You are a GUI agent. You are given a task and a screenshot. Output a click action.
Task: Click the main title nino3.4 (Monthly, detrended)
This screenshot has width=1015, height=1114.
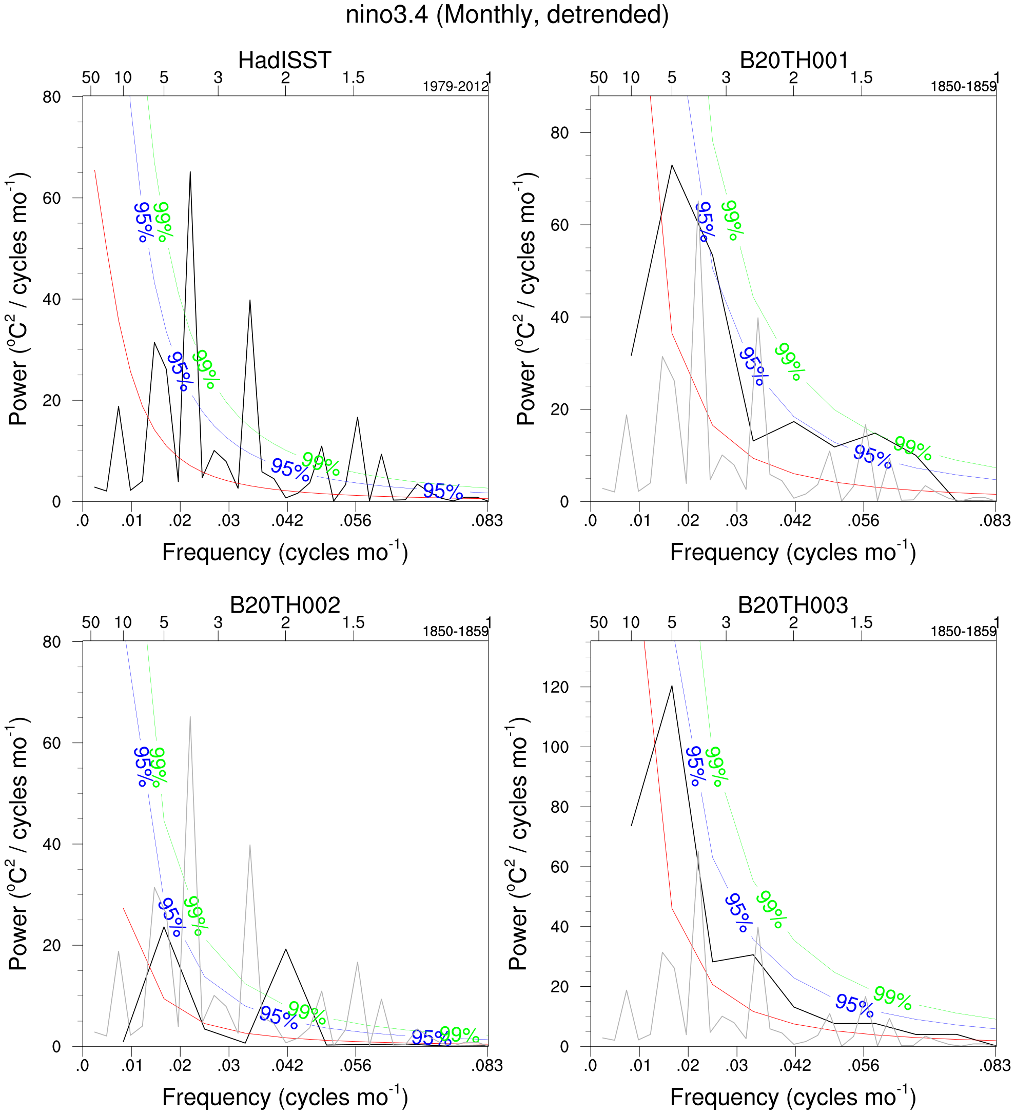point(506,15)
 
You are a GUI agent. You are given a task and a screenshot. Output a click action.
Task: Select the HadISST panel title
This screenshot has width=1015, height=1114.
point(285,60)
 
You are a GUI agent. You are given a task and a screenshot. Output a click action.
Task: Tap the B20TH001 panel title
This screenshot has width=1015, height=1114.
point(793,60)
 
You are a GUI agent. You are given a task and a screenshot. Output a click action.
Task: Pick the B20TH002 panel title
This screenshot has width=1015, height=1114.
point(285,605)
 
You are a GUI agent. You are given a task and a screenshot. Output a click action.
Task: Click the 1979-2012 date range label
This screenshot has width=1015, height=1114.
point(455,87)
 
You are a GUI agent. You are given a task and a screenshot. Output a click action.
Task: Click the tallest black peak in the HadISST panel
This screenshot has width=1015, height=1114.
point(190,172)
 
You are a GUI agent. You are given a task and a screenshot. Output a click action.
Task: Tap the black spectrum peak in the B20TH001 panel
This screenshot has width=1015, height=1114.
point(672,165)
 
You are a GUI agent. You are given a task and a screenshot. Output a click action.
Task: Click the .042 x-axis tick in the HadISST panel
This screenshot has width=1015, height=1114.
point(287,520)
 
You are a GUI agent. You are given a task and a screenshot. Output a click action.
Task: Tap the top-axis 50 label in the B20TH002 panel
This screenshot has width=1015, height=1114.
point(91,622)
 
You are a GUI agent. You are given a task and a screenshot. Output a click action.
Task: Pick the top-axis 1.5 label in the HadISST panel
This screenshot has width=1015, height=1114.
point(353,77)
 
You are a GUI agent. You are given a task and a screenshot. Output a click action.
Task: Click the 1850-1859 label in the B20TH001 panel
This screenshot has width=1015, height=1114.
point(963,87)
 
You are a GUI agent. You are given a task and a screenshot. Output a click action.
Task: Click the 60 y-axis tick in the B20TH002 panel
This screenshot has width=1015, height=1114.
point(52,743)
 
